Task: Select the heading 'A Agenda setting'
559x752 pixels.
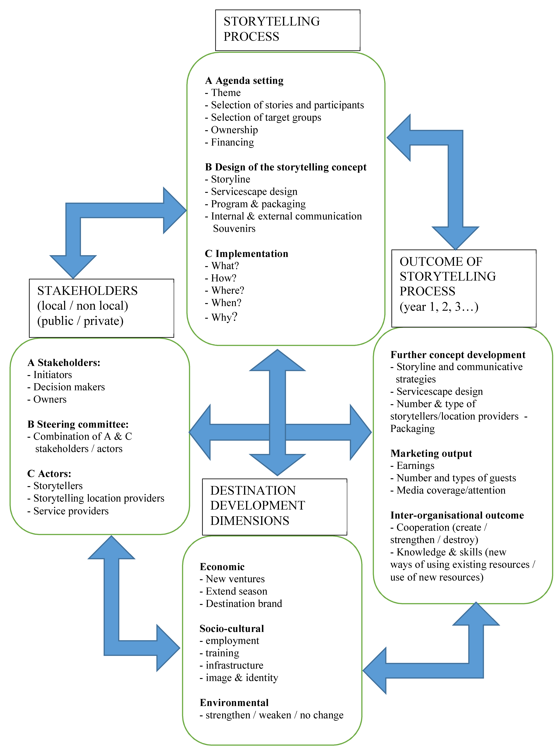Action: pyautogui.click(x=244, y=81)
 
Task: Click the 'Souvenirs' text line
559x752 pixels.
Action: pyautogui.click(x=234, y=229)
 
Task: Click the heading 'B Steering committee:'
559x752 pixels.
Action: pyautogui.click(x=78, y=424)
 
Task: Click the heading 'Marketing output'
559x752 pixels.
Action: pyautogui.click(x=431, y=453)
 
